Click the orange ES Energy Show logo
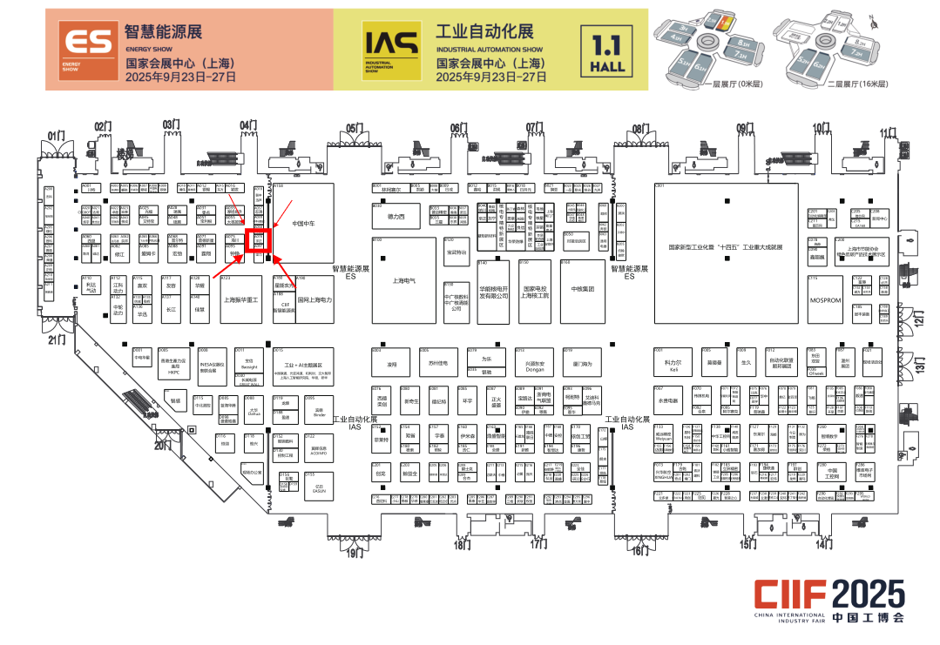tap(86, 49)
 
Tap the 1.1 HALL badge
tap(609, 51)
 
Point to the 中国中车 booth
tap(302, 221)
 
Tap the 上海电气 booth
tap(403, 280)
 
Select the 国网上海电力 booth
tap(314, 300)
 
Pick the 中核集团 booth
tap(582, 288)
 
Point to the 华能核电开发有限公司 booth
tap(493, 292)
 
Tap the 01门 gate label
tap(57, 136)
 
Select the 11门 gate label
tap(888, 132)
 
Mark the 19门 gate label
tap(354, 553)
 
